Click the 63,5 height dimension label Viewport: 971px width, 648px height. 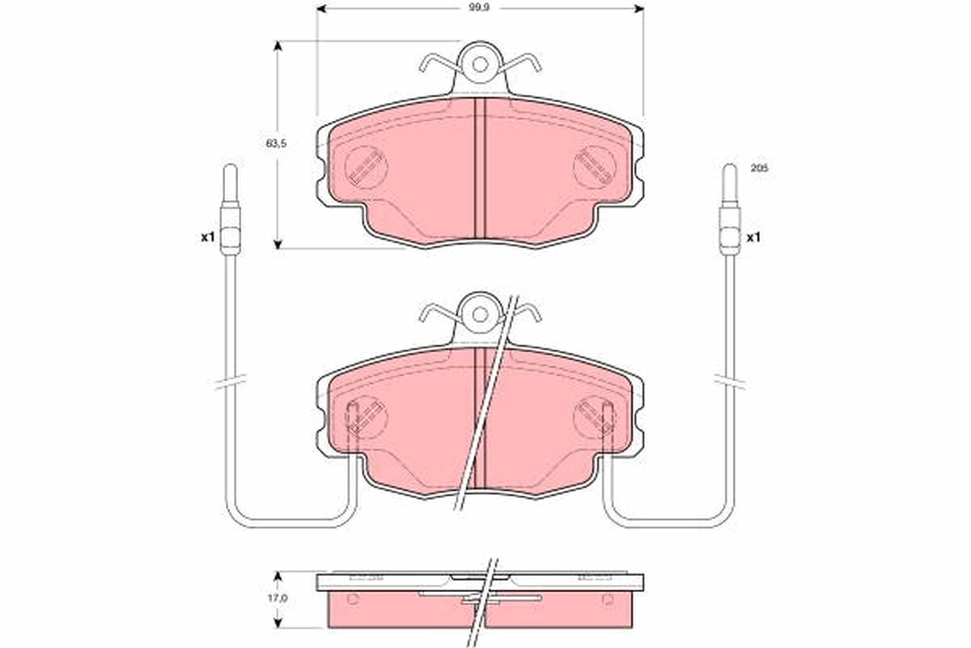coord(278,143)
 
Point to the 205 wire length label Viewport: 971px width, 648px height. coord(758,168)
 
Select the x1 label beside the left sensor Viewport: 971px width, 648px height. coord(207,237)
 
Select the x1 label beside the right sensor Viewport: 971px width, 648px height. coord(754,237)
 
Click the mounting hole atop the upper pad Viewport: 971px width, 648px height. coord(480,65)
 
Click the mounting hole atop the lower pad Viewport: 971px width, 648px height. coord(480,314)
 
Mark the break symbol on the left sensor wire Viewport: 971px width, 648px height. coord(231,381)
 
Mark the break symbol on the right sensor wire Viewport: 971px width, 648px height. coord(730,381)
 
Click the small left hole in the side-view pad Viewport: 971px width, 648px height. coord(352,599)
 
